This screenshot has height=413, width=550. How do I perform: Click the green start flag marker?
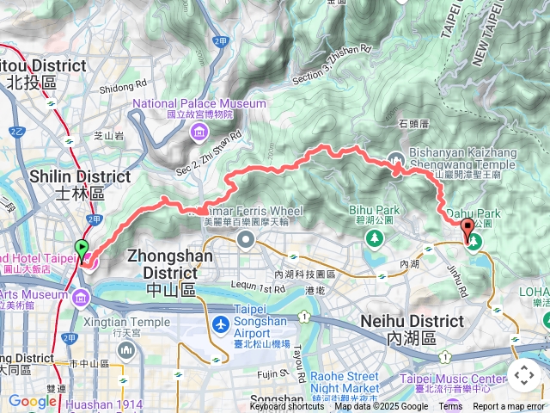(x=82, y=249)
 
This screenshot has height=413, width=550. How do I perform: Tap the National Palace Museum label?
(x=199, y=103)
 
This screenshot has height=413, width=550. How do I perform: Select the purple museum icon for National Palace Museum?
(x=199, y=132)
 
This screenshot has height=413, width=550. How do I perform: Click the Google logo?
(x=32, y=401)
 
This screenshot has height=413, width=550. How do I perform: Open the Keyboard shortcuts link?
(x=287, y=407)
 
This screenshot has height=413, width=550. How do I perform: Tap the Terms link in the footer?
(x=450, y=407)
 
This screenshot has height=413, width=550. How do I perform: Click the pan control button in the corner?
(x=524, y=375)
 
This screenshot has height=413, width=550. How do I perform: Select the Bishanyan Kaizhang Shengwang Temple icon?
(x=396, y=158)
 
